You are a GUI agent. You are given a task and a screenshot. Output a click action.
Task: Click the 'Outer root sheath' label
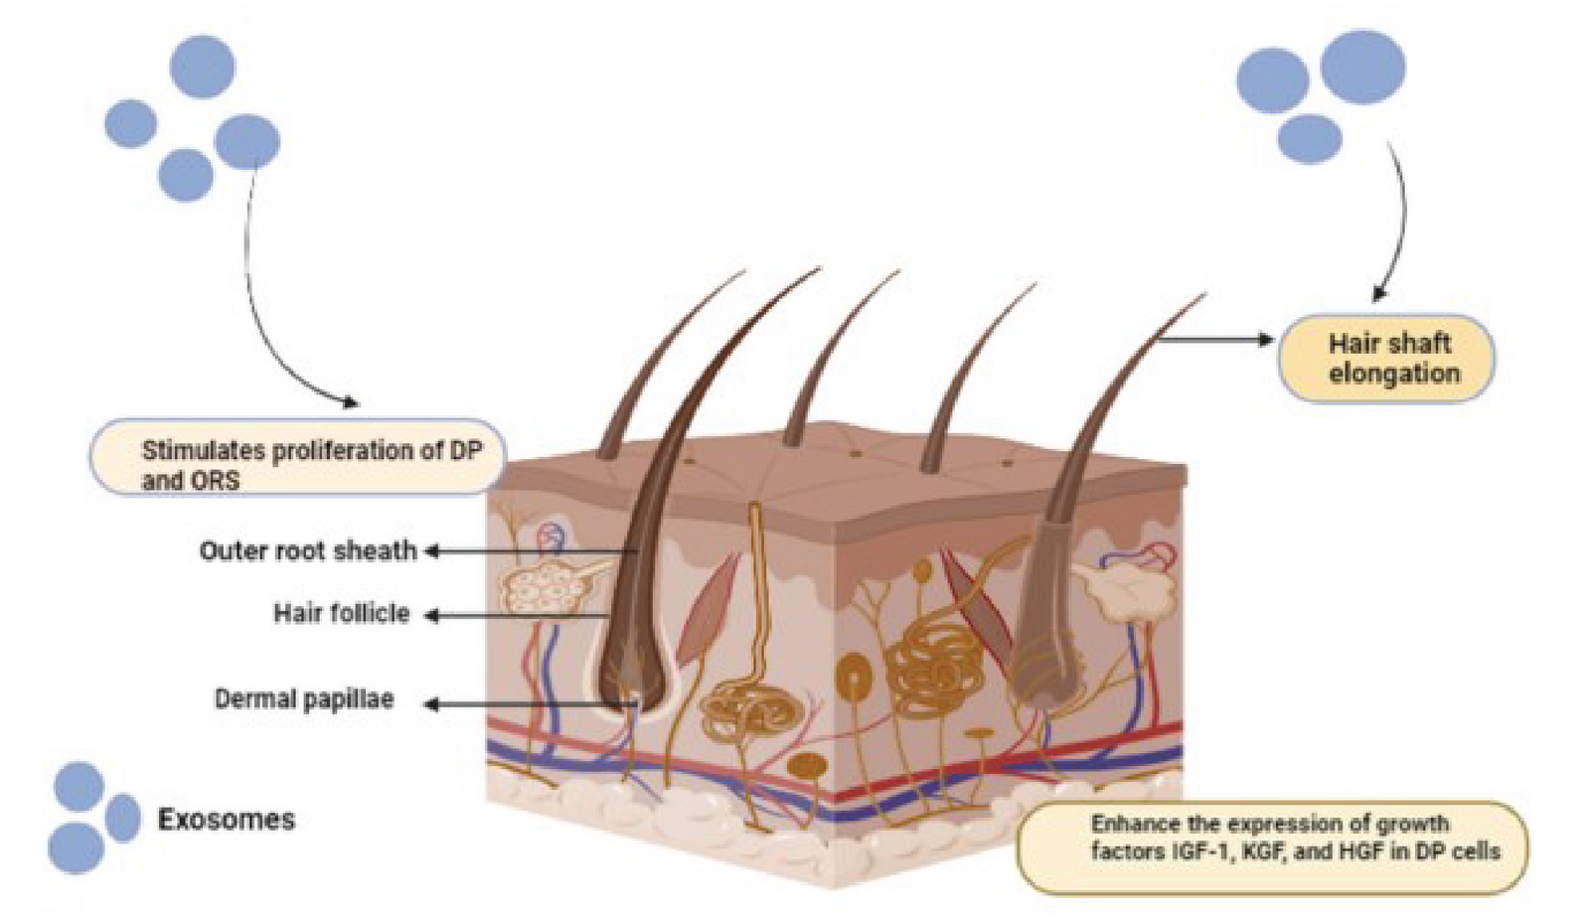(x=308, y=550)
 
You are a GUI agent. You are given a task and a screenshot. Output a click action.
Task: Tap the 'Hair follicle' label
(x=341, y=613)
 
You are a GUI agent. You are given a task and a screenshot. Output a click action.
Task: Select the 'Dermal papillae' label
(x=304, y=699)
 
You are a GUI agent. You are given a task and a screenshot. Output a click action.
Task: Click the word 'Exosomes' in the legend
(x=227, y=820)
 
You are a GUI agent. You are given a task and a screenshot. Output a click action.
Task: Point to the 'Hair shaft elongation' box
(x=1386, y=359)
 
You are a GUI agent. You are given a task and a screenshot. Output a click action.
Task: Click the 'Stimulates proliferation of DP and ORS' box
(x=298, y=458)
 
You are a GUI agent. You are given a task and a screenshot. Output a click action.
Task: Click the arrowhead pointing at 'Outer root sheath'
(x=433, y=550)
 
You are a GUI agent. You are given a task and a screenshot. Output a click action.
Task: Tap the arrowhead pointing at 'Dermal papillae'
(x=432, y=704)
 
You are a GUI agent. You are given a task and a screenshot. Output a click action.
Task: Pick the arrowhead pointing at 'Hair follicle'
(x=432, y=616)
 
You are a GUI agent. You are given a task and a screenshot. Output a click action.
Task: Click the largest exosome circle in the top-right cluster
(x=1362, y=67)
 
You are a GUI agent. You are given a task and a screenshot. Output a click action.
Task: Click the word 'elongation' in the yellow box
(x=1394, y=375)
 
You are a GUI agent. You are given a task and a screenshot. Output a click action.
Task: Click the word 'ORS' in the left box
(x=216, y=482)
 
